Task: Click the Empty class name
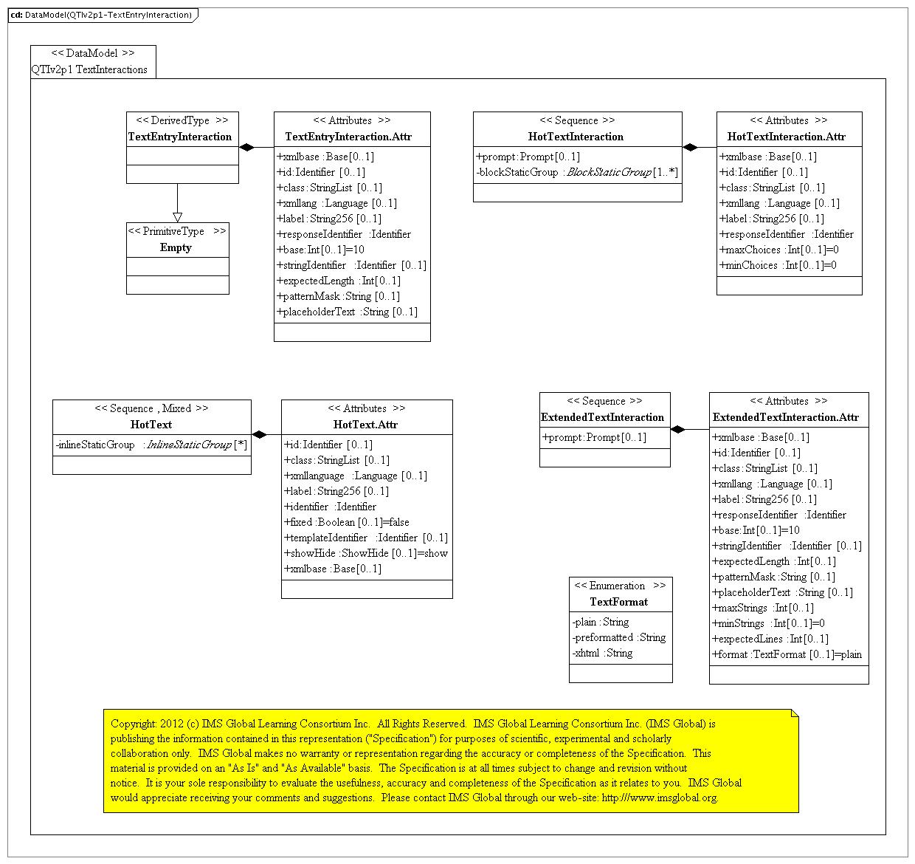click(176, 247)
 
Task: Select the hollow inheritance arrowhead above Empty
click(177, 217)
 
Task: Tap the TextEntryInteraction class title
click(180, 137)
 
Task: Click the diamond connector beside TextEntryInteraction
click(247, 148)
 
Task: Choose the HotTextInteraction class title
click(576, 137)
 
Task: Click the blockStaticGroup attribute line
click(577, 172)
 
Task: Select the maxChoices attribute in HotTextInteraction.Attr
click(778, 250)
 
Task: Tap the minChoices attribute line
click(778, 265)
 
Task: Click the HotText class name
click(151, 425)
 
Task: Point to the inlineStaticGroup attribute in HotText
click(151, 445)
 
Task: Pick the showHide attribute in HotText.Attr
click(366, 553)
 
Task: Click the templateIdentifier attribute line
click(366, 538)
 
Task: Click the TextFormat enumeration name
click(618, 602)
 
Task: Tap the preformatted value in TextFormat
click(618, 637)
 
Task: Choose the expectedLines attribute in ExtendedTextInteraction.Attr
click(770, 639)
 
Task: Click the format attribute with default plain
click(787, 654)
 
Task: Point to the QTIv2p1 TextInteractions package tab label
click(89, 69)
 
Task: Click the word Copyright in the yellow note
click(134, 724)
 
